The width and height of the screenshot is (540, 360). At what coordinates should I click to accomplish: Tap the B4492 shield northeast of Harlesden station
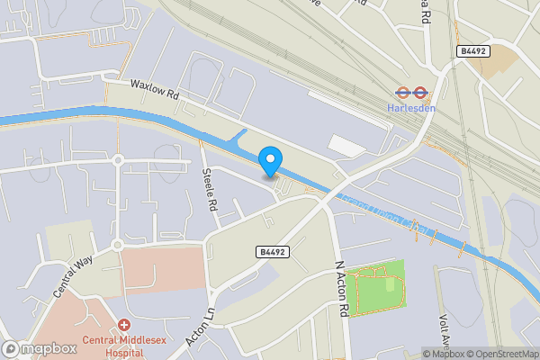click(x=472, y=51)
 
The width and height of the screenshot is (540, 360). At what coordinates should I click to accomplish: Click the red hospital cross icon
click(x=123, y=324)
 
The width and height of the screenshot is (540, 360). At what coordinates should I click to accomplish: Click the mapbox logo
click(x=40, y=348)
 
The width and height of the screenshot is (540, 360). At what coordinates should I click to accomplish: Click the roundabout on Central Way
click(x=117, y=245)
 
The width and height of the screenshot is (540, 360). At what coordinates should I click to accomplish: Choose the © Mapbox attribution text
click(x=443, y=354)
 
